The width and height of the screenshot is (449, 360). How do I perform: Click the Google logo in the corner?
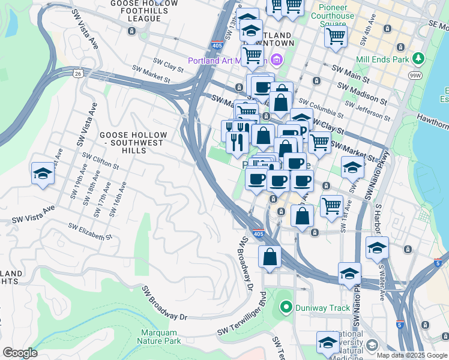point(20,353)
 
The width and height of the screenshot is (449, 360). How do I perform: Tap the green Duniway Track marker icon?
point(286,308)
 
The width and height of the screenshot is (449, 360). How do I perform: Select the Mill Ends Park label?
point(382,59)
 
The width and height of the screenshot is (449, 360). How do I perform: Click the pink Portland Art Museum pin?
point(276,59)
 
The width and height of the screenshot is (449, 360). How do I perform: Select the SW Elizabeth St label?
point(90,232)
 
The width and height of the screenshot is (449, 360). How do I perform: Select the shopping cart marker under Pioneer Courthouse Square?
point(336,35)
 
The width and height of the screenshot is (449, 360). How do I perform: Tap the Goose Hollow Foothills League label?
point(144,11)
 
